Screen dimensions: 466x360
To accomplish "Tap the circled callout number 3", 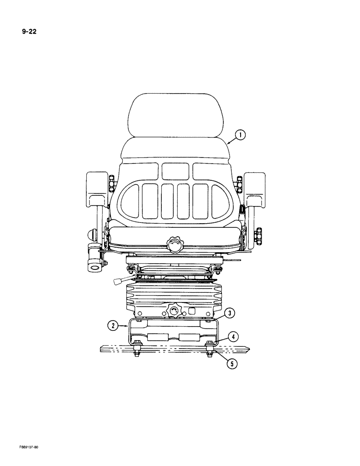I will pos(228,313).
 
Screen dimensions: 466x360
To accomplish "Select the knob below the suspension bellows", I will pos(173,310).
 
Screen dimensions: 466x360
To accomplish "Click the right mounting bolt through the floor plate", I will pos(210,349).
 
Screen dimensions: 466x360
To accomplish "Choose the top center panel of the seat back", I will pos(176,171).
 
